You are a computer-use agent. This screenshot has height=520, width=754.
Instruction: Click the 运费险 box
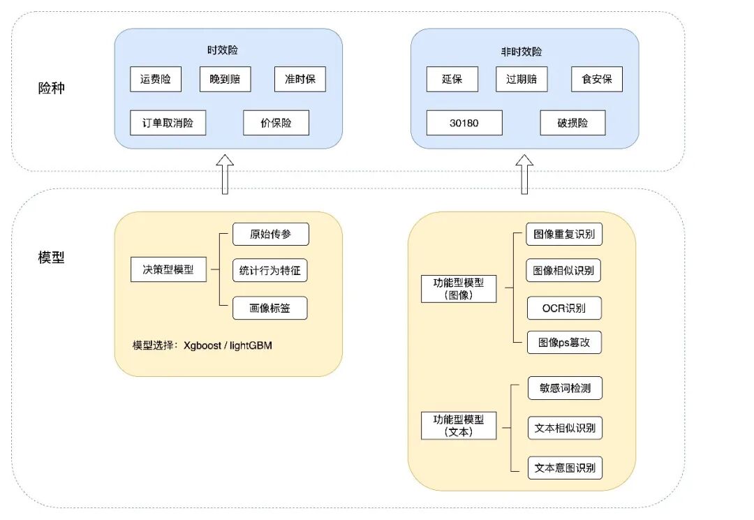pos(156,79)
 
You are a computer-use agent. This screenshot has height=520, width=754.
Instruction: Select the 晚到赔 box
pos(225,79)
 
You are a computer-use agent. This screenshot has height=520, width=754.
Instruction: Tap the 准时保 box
pos(300,79)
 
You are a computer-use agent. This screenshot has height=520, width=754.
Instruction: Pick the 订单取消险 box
pos(168,123)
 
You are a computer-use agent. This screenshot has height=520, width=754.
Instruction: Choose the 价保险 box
pos(276,123)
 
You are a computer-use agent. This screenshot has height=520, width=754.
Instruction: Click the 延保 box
pos(452,79)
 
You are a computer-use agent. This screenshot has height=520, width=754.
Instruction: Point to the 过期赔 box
pos(522,79)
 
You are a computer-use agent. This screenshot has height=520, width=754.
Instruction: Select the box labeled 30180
pos(464,123)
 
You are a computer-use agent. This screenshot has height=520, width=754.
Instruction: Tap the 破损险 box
pos(572,123)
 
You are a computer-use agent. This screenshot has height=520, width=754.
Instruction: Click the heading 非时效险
pos(525,52)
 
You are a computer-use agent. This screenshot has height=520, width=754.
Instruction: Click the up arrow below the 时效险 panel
pos(225,174)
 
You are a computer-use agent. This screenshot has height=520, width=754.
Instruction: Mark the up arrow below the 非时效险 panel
pos(524,174)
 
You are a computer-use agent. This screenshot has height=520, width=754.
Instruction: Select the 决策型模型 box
pos(168,269)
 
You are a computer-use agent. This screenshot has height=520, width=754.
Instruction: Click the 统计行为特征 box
pos(269,271)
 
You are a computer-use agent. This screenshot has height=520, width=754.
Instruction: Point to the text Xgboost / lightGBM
pos(228,345)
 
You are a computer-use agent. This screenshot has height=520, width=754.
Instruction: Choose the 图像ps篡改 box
pos(564,343)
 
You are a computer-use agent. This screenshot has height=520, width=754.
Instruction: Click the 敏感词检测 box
pos(565,388)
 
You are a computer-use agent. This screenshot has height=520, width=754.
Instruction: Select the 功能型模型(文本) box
pos(459,426)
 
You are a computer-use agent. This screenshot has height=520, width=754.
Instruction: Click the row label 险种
pos(52,89)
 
